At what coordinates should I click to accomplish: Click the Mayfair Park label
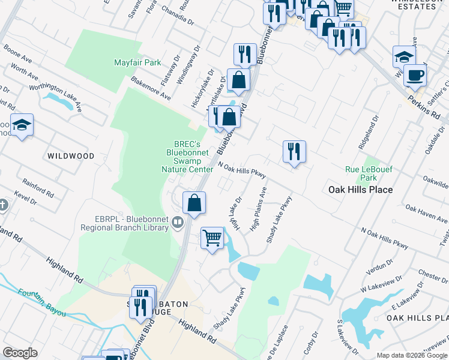137,62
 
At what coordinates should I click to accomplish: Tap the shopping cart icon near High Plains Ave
212,238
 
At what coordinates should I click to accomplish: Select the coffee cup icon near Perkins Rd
414,76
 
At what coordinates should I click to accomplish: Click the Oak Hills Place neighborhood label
360,190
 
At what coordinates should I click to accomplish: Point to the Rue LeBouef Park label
369,174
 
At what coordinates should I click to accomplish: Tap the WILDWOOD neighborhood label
71,156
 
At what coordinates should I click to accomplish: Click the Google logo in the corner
20,353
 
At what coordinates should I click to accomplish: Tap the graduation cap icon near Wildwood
22,125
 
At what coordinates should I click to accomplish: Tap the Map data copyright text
412,355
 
